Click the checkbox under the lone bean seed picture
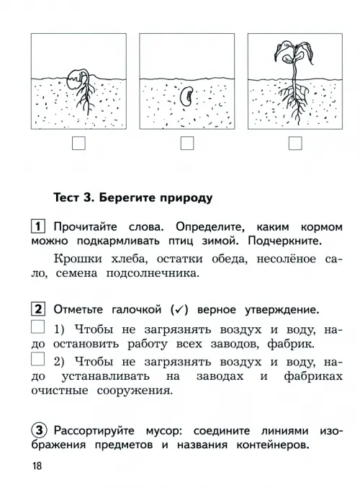coord(187,143)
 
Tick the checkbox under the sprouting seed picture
coord(78,143)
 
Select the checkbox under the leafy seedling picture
coord(295,143)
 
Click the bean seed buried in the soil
coord(187,97)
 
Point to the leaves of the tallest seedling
coord(294,53)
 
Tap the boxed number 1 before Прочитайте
coord(38,226)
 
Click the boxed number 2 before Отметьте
coord(38,309)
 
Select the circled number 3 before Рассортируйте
coord(39,431)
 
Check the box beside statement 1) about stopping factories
coord(37,327)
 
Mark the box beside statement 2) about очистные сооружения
coord(37,359)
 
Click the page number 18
coord(37,466)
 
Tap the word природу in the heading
coord(186,199)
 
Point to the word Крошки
coord(78,259)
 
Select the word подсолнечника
coord(153,273)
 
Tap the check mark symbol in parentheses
coord(179,310)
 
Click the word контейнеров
coord(273,445)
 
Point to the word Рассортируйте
coord(94,431)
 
